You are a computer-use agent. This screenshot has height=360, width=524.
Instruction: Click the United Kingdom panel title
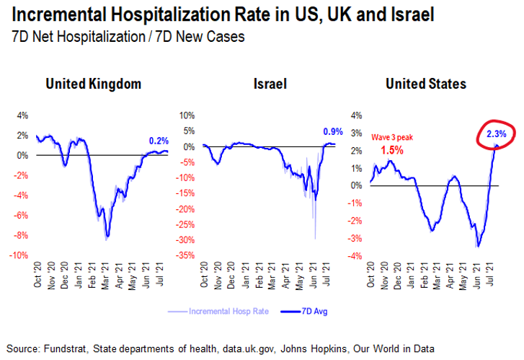93,84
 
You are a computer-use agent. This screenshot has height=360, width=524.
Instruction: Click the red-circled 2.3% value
495,133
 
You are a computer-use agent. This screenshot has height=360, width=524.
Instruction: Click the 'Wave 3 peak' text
394,136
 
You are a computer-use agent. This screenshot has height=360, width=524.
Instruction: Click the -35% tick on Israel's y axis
187,255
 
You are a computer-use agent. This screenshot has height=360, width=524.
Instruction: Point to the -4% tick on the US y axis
355,255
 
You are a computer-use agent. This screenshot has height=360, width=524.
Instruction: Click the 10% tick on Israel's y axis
187,115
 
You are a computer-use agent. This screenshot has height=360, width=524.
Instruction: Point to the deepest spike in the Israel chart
315,238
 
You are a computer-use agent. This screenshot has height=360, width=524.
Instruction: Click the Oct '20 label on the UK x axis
37,269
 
